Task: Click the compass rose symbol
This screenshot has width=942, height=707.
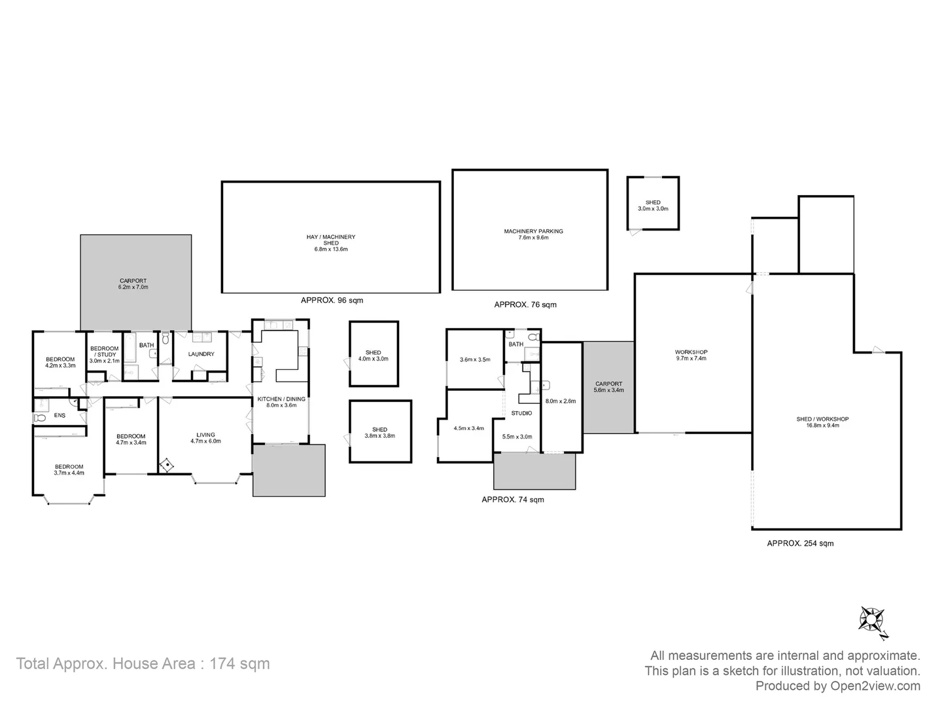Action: [872, 619]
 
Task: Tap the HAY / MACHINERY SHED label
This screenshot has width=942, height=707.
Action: [331, 243]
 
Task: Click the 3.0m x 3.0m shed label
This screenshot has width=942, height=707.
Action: [653, 206]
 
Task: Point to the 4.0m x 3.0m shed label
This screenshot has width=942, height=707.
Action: [373, 355]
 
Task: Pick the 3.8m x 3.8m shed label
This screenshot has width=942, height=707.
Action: [379, 433]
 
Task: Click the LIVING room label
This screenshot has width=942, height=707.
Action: [205, 437]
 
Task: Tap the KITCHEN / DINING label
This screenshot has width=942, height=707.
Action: [281, 401]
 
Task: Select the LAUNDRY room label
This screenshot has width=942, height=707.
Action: [201, 354]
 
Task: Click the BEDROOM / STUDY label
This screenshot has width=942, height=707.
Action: [104, 354]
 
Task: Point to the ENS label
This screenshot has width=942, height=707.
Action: [60, 415]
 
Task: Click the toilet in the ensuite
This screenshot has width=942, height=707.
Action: [40, 417]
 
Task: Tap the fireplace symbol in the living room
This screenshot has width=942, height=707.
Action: [167, 465]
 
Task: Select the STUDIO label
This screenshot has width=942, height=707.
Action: [521, 413]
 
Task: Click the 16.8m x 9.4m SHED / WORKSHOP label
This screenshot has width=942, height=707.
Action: [822, 422]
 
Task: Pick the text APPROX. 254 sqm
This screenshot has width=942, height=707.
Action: [800, 543]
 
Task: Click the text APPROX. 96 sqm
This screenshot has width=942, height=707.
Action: [332, 300]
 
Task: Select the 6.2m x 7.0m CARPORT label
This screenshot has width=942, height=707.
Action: [133, 283]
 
